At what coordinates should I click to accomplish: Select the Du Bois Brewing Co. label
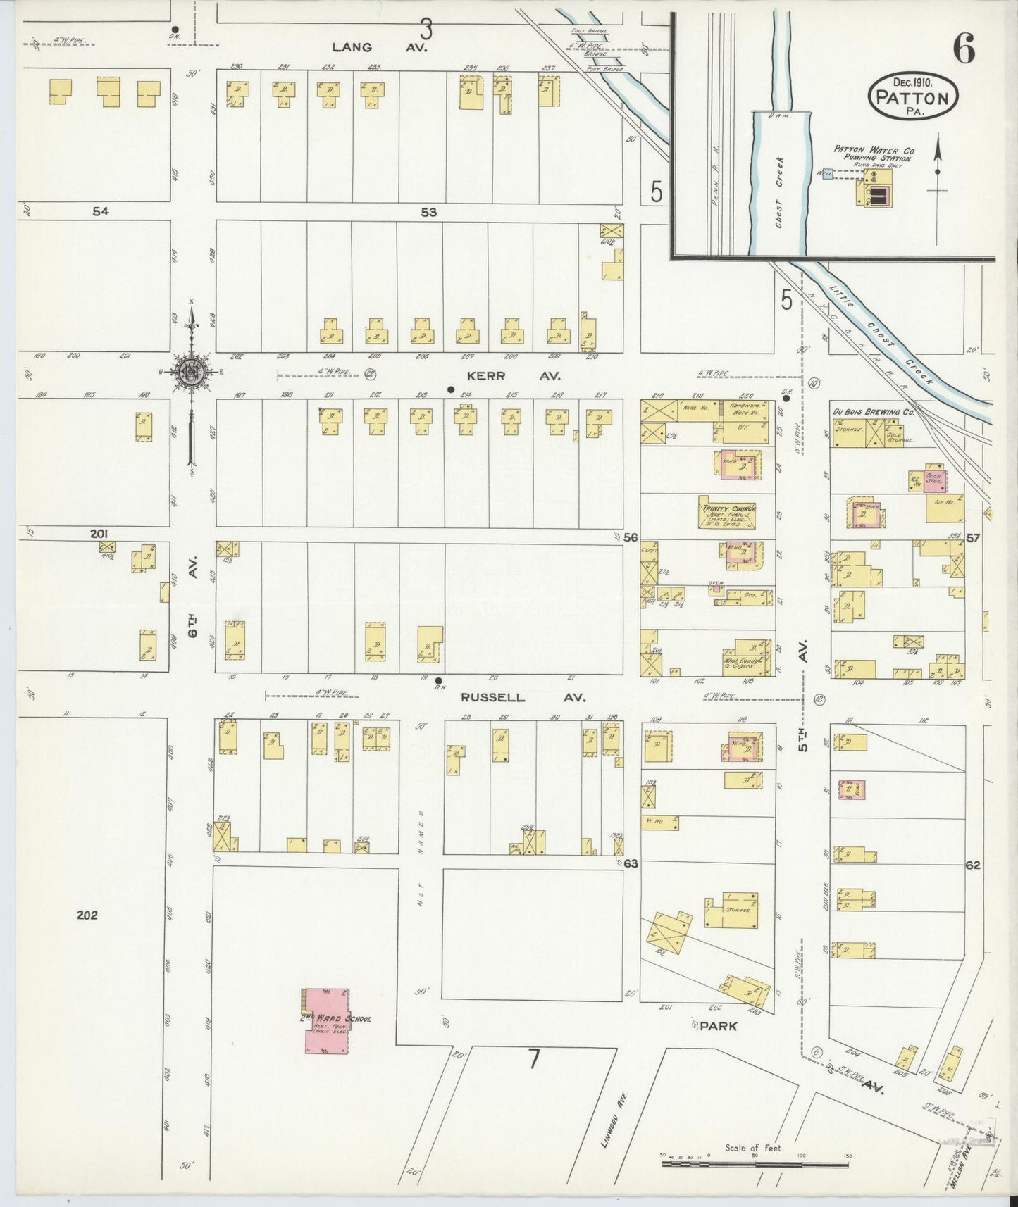(873, 413)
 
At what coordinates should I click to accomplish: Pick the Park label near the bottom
(719, 1027)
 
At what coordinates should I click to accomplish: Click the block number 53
(428, 212)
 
